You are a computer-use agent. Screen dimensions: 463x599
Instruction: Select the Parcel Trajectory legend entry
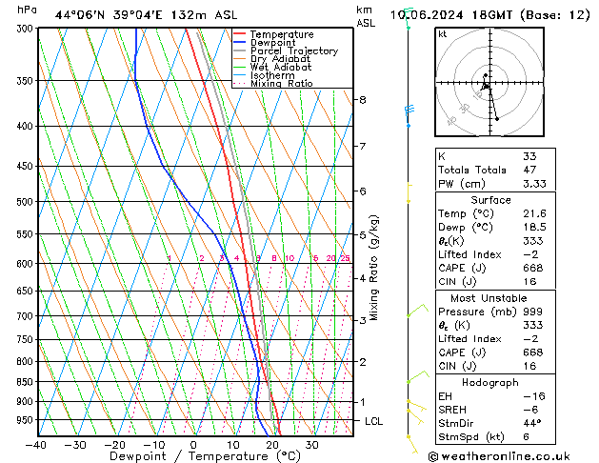(x=293, y=51)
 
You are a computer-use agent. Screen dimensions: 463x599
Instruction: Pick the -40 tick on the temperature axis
(x=36, y=444)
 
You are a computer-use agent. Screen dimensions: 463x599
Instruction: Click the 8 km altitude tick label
(x=362, y=100)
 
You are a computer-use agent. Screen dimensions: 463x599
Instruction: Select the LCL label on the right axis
(x=374, y=421)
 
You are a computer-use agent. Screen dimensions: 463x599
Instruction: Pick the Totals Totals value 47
(x=529, y=170)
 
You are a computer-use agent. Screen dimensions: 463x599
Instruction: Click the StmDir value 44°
(x=532, y=424)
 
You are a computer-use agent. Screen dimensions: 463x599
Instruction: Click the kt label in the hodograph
(x=442, y=33)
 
